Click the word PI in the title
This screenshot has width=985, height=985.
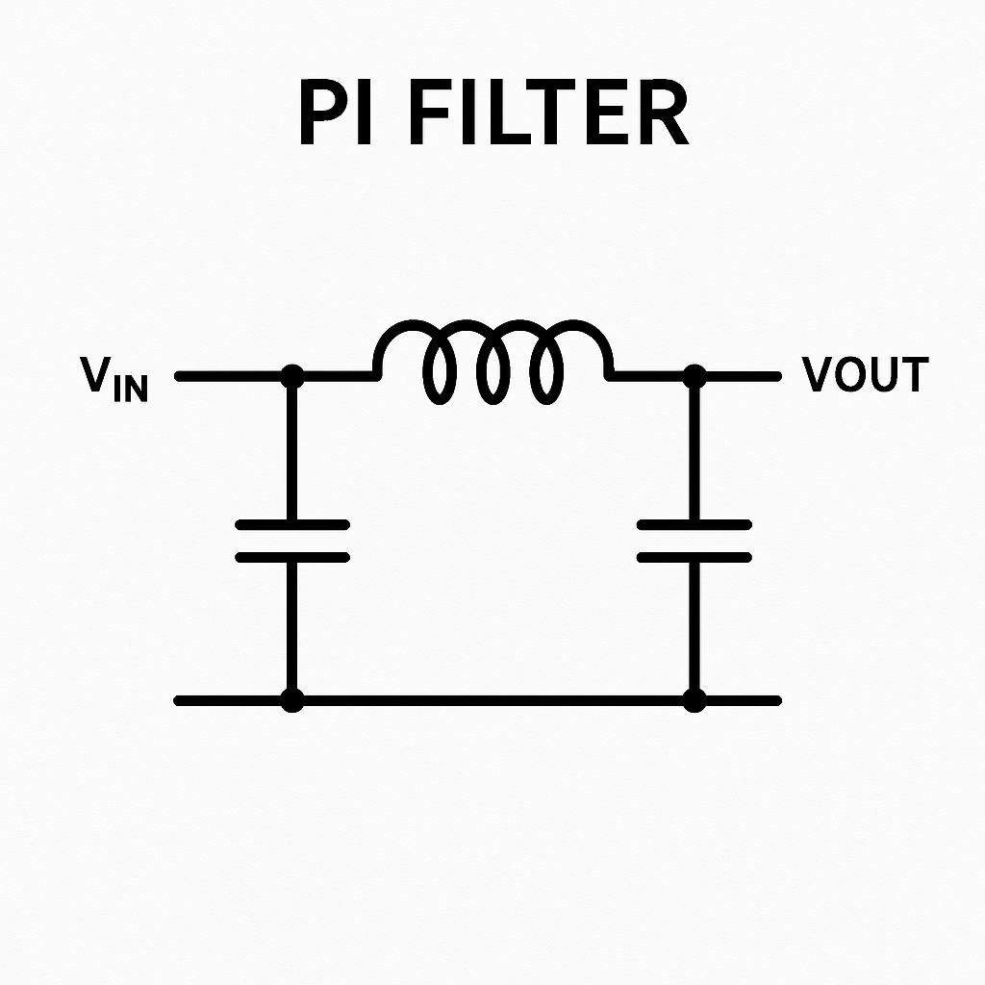click(x=336, y=112)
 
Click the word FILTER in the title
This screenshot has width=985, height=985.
click(x=550, y=112)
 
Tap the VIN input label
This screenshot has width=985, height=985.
click(x=114, y=378)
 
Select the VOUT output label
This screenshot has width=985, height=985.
click(x=865, y=374)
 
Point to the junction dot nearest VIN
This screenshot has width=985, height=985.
click(x=292, y=376)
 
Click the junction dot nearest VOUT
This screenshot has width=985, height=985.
click(x=695, y=376)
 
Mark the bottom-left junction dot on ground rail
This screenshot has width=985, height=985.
click(x=292, y=700)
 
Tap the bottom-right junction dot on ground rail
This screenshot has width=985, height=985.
click(x=695, y=700)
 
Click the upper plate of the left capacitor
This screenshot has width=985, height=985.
click(x=292, y=524)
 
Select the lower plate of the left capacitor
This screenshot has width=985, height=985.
click(x=292, y=557)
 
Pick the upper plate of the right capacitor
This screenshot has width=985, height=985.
click(x=695, y=524)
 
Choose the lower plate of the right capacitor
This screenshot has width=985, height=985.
click(x=695, y=557)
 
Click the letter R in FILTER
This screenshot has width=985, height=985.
click(x=665, y=112)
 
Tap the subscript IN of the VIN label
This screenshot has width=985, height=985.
click(x=131, y=389)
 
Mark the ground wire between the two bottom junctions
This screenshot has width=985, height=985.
click(x=493, y=700)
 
